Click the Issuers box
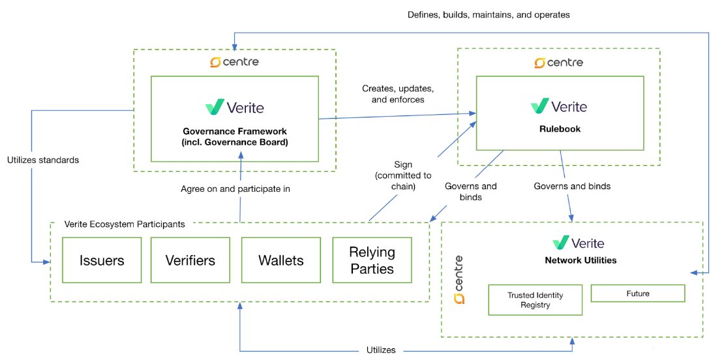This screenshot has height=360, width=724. (x=102, y=260)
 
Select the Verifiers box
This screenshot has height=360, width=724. (x=190, y=260)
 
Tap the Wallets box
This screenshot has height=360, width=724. (x=280, y=260)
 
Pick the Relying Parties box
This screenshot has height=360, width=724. (x=372, y=260)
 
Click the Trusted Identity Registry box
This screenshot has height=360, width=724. (x=535, y=300)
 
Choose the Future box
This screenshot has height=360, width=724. (x=638, y=293)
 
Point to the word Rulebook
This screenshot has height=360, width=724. (x=560, y=129)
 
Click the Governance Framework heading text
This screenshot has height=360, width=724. (x=235, y=136)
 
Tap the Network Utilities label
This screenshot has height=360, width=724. (x=581, y=260)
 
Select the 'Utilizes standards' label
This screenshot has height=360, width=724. (x=44, y=160)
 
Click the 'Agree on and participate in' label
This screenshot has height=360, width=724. (x=235, y=188)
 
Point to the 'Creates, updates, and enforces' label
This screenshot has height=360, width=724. (x=398, y=93)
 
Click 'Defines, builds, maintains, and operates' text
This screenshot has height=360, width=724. (x=489, y=15)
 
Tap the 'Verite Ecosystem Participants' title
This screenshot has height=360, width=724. (x=125, y=224)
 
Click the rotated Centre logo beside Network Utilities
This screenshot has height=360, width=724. (x=459, y=280)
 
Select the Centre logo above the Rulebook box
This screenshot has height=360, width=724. (x=559, y=63)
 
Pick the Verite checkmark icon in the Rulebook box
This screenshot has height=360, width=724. (x=539, y=106)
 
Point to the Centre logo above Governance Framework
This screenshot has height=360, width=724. (x=234, y=62)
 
